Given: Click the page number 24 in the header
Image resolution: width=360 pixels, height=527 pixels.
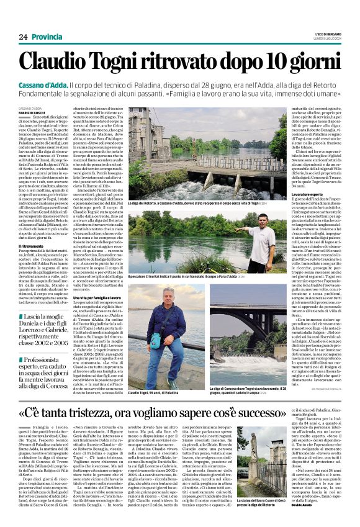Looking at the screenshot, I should tap(23, 37).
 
